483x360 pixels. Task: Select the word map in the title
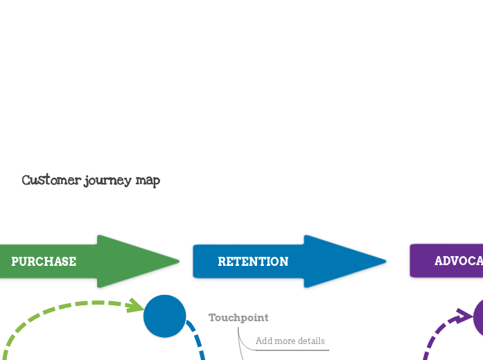click(147, 181)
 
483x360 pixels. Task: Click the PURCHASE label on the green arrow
click(44, 262)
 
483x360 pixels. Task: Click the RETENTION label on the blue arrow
click(253, 262)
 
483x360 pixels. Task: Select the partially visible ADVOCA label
click(458, 262)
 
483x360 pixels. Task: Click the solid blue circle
click(165, 316)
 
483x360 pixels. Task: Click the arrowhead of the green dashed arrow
click(136, 306)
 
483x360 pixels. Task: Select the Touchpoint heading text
click(238, 318)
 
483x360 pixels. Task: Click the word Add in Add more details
click(264, 341)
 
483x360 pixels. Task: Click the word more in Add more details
click(285, 341)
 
